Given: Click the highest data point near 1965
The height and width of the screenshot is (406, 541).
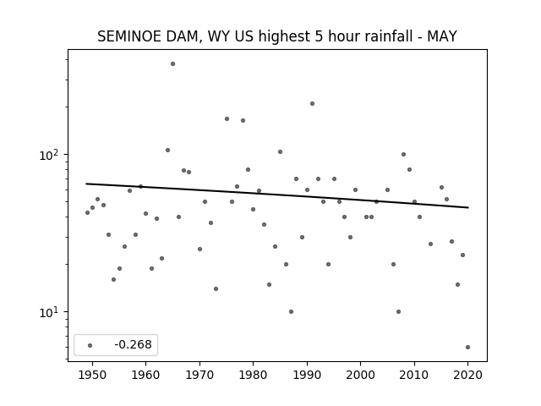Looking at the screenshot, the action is pyautogui.click(x=172, y=64).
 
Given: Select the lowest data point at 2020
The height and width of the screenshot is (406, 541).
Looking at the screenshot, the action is pyautogui.click(x=467, y=348).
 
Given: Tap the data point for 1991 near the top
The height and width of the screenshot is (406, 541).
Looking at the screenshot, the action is pyautogui.click(x=312, y=103).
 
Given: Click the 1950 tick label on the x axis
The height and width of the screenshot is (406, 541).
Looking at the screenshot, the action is pyautogui.click(x=92, y=375).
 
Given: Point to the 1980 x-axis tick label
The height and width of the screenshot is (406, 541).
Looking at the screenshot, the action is pyautogui.click(x=253, y=375).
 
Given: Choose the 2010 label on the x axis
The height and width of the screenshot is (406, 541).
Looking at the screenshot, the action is pyautogui.click(x=414, y=375).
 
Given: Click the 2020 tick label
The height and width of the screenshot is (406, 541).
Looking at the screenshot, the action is pyautogui.click(x=467, y=375).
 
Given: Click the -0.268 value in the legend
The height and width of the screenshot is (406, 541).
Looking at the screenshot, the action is pyautogui.click(x=134, y=344).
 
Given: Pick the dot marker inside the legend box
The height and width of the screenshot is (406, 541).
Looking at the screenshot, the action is pyautogui.click(x=90, y=346).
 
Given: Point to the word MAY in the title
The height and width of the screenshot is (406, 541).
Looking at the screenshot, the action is pyautogui.click(x=442, y=36).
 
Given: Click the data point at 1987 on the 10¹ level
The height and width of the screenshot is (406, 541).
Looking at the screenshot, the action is pyautogui.click(x=291, y=312).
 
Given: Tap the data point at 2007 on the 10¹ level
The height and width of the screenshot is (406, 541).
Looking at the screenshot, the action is pyautogui.click(x=398, y=312).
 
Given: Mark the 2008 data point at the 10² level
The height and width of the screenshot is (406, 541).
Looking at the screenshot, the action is pyautogui.click(x=404, y=154).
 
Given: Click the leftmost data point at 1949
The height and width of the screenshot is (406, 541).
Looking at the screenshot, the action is pyautogui.click(x=87, y=212).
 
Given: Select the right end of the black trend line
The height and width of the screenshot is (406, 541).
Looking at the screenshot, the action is pyautogui.click(x=468, y=207).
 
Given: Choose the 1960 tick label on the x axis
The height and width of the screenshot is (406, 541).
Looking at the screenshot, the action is pyautogui.click(x=145, y=375).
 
